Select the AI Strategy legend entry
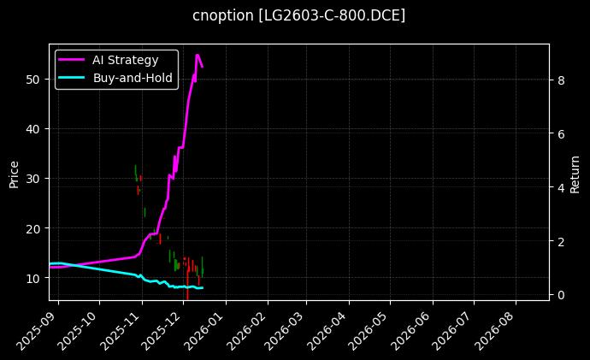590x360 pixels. pyautogui.click(x=125, y=60)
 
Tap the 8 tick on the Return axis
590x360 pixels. pyautogui.click(x=561, y=80)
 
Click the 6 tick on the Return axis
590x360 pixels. pyautogui.click(x=561, y=134)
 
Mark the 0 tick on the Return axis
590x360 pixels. pyautogui.click(x=561, y=295)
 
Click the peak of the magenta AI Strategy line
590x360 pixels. pyautogui.click(x=198, y=55)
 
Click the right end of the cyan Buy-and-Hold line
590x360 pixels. pyautogui.click(x=203, y=288)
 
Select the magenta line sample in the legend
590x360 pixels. pyautogui.click(x=72, y=60)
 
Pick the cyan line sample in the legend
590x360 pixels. pyautogui.click(x=72, y=77)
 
